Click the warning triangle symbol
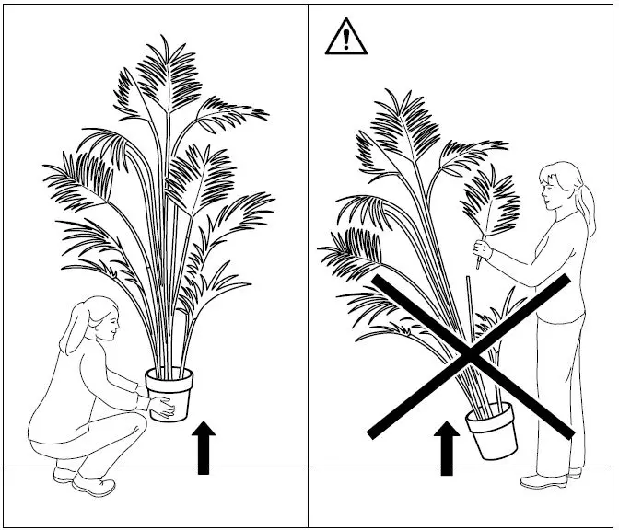click(x=345, y=37)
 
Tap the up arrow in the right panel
click(x=448, y=448)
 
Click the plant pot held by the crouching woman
click(x=169, y=390)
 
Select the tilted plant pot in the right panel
click(x=492, y=432)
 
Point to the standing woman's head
click(x=562, y=184)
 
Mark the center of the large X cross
click(x=471, y=354)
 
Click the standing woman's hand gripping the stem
click(x=481, y=248)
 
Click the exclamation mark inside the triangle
click(x=345, y=40)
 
